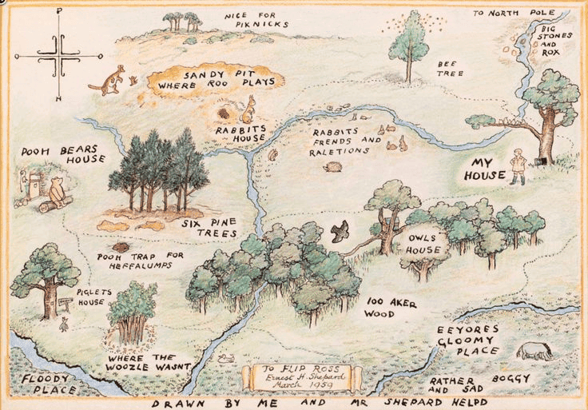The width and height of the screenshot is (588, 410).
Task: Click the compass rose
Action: point(58,55)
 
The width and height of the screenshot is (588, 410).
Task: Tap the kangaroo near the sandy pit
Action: point(109,80)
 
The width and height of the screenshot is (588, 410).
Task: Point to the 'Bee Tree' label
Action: point(446,68)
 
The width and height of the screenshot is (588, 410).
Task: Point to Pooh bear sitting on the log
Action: point(57,193)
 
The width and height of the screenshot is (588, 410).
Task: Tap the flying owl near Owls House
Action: point(340,231)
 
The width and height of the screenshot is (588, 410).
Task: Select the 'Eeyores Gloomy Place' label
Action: point(468,340)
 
